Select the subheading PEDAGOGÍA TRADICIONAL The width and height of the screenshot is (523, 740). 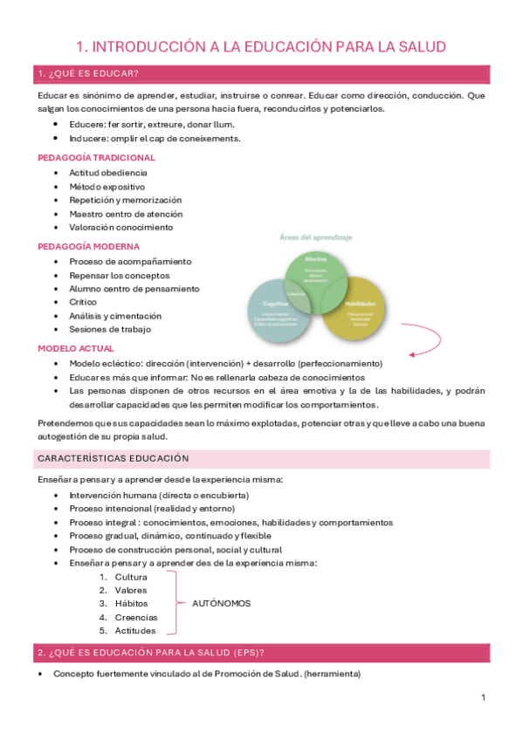96,158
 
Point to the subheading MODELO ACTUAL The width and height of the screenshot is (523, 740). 76,348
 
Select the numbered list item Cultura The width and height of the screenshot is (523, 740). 131,577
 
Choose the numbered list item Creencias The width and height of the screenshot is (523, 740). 136,617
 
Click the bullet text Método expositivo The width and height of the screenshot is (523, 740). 107,187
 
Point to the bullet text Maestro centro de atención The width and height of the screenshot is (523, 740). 127,214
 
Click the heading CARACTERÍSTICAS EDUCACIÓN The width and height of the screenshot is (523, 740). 113,458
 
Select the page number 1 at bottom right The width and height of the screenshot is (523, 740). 483,698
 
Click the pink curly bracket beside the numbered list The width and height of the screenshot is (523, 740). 176,603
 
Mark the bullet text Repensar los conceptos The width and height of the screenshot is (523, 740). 118,275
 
